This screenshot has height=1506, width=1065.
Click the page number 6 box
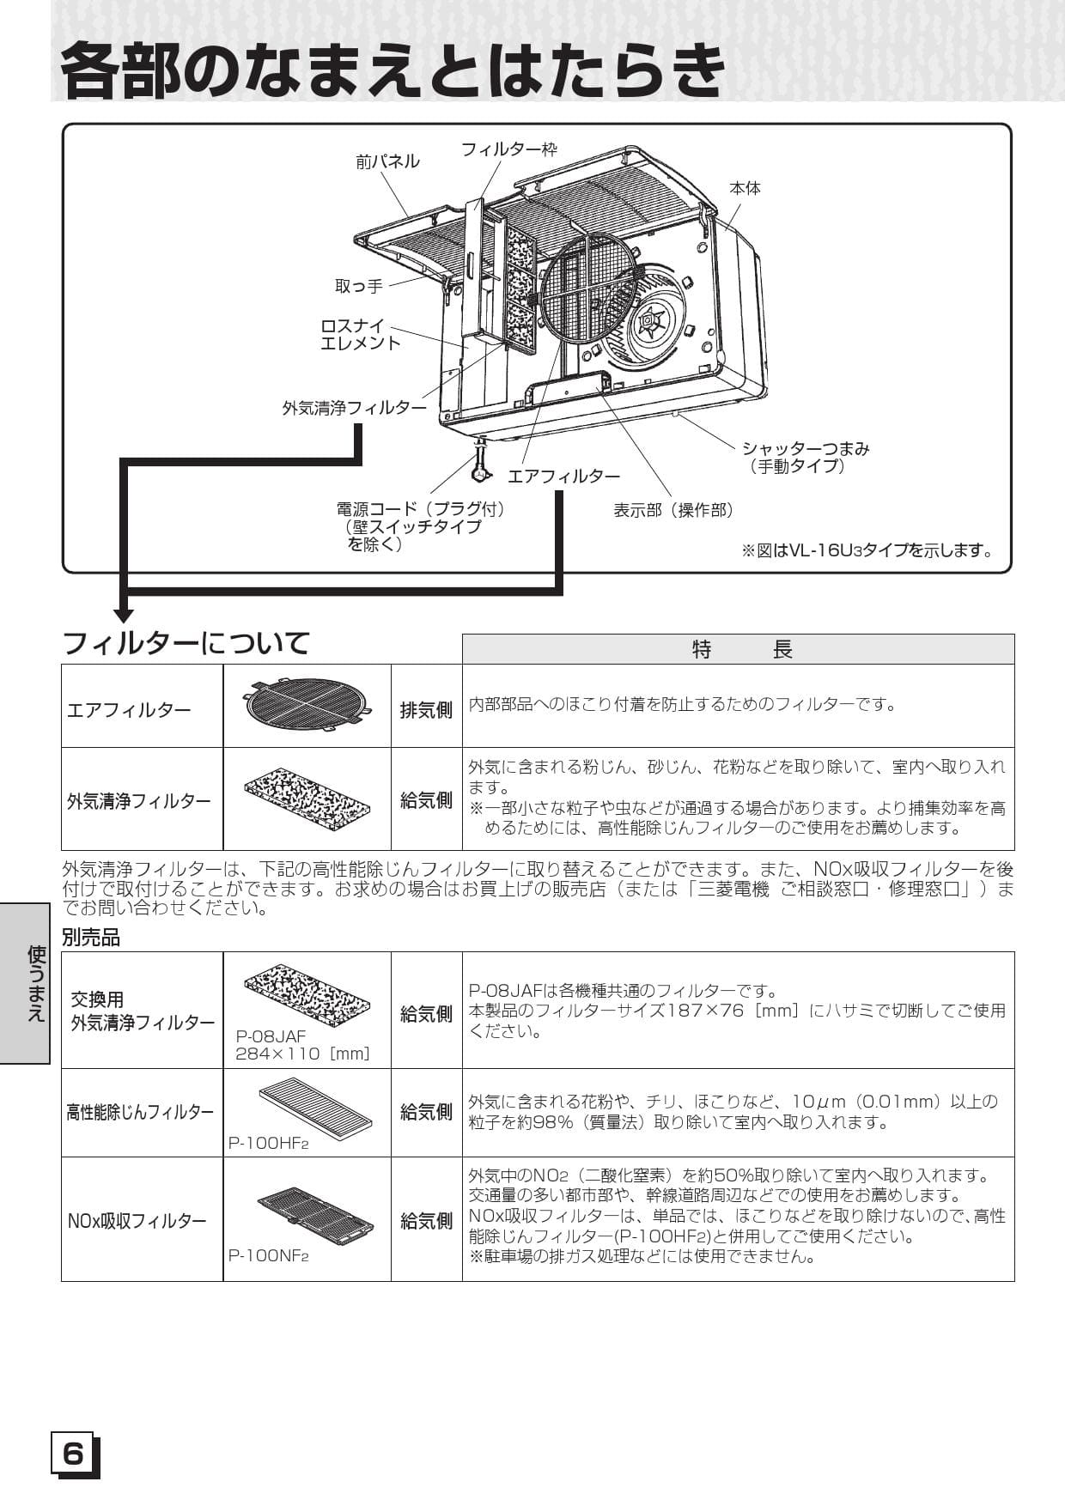click(75, 1454)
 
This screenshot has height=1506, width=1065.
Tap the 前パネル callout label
click(387, 161)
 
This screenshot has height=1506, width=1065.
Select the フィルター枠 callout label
click(508, 149)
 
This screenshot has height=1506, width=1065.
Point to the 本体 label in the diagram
click(745, 188)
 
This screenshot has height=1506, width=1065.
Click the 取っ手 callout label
click(359, 286)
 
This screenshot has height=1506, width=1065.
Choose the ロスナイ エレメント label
click(361, 335)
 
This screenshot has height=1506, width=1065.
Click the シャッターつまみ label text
click(805, 448)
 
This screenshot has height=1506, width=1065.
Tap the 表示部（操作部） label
click(674, 510)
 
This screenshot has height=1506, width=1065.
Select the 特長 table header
click(739, 650)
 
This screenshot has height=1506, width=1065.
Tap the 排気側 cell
click(426, 710)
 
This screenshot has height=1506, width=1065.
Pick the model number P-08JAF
click(271, 1036)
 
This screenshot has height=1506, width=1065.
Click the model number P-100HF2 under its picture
click(268, 1144)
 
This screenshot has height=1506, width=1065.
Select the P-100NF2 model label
click(268, 1255)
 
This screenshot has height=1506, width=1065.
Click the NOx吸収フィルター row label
click(137, 1221)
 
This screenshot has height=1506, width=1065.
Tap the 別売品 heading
click(91, 938)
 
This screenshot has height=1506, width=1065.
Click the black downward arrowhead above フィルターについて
click(124, 615)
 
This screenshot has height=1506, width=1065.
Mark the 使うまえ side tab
click(36, 983)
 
